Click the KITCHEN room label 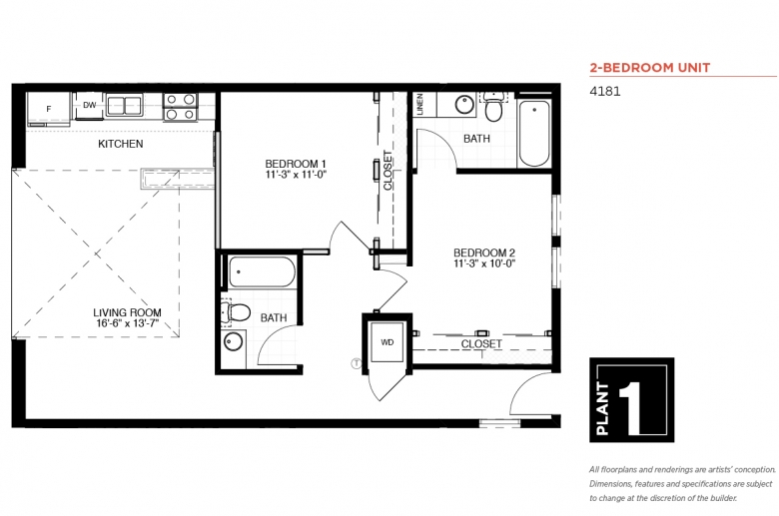coord(121,144)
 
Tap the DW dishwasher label coord(90,105)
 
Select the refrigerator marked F coord(49,109)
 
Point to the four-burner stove coord(181,107)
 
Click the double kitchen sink coord(124,105)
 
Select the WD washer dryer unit coord(388,342)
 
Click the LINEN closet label coord(419,104)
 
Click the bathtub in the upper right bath coord(534,134)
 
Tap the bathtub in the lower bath coord(262,271)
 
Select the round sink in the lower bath coord(233,341)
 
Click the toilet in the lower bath coord(236,312)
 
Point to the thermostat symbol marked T coord(357,363)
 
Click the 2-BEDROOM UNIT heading coord(650,68)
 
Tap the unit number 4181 coord(604,92)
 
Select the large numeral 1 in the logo coord(633,405)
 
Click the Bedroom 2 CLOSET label coord(481,343)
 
